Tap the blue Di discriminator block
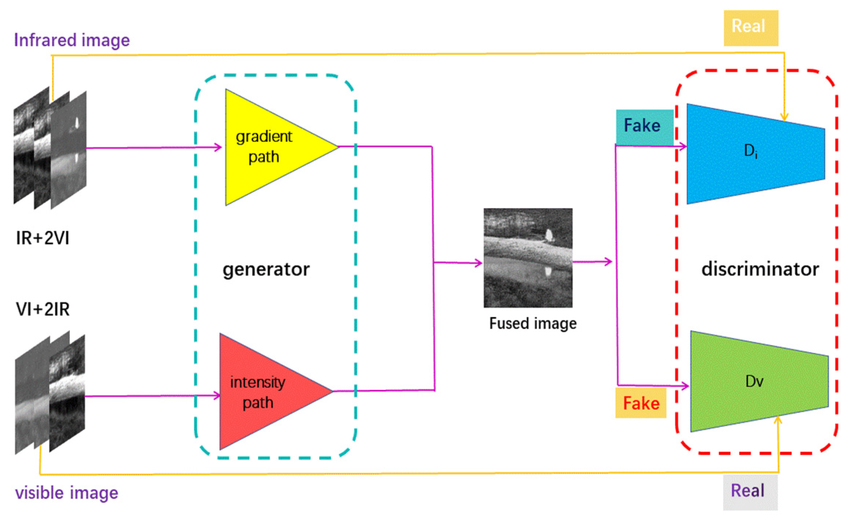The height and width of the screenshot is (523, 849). pos(750,153)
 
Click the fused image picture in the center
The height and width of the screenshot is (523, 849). pos(528,258)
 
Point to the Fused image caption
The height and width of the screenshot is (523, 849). pos(533,324)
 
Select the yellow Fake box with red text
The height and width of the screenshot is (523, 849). pos(641,403)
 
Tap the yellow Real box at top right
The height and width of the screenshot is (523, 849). pos(750,28)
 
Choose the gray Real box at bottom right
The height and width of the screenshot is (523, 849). pos(750,491)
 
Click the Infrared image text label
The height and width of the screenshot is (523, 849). pos(72,40)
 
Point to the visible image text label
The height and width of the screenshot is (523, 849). pos(67,492)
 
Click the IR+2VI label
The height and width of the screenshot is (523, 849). pos(42,238)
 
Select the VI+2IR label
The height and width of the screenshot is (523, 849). pos(42,309)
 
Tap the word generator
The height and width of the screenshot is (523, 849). pos(266,269)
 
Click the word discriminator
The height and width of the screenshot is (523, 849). pos(760,269)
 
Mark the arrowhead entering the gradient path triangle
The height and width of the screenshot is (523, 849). pos(219,148)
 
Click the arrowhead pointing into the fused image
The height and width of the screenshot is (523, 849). pos(479,263)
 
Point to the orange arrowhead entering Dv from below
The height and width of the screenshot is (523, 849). pos(778,420)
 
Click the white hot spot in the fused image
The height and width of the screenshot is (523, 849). pos(548,235)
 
